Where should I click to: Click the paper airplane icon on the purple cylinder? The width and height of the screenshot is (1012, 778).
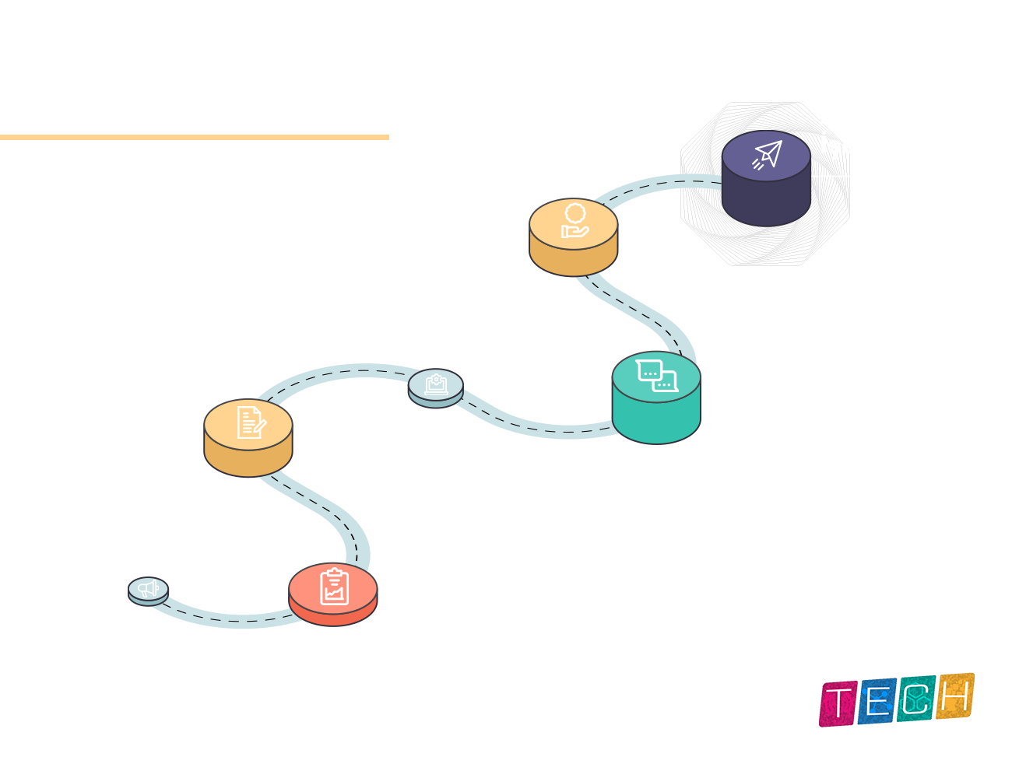pos(767,155)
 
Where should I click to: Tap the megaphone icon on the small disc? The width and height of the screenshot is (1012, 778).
pos(148,589)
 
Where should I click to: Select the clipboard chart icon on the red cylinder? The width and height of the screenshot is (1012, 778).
pos(334,587)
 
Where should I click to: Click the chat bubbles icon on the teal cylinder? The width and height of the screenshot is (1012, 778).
pos(656,376)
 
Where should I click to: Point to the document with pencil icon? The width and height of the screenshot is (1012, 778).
pos(251,422)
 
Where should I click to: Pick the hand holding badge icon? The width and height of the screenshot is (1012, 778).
pos(575,220)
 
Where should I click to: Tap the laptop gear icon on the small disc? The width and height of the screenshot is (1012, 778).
pos(436,384)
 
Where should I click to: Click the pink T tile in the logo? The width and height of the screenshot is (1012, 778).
pos(838,703)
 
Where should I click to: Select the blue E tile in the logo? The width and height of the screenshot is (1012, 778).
pos(877,701)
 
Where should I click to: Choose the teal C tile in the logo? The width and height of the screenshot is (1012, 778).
pos(915,699)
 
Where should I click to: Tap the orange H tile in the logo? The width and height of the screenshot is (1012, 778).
pos(954,696)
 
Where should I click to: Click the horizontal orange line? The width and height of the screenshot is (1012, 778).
pos(194,137)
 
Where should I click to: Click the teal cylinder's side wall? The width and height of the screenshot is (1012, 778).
pos(656,421)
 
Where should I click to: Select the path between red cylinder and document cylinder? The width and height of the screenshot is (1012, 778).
pos(326,511)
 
